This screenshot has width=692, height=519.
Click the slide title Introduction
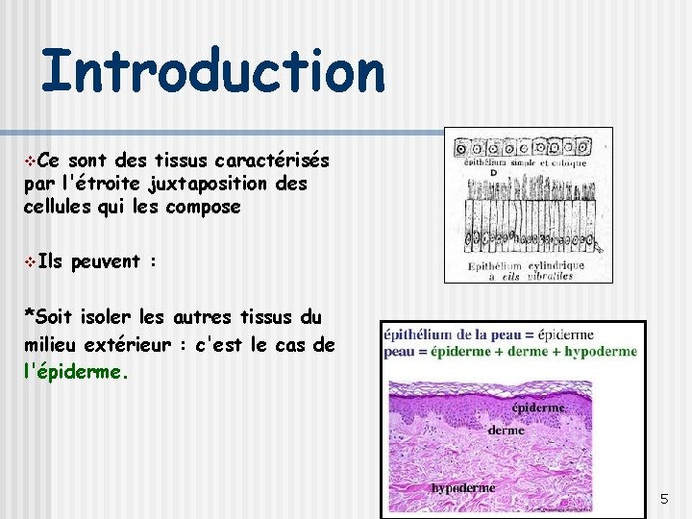pos(212,71)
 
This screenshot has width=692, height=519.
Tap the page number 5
pos(664,499)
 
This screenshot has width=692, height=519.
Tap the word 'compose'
pos(203,207)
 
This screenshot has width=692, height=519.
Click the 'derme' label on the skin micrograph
pos(506,430)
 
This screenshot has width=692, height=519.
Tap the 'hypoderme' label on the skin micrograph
pos(463,487)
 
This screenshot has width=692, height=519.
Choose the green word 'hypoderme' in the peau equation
pos(602,352)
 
